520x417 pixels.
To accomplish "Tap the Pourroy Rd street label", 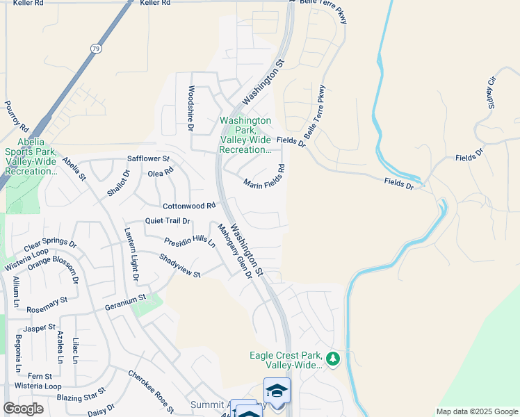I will [16, 117].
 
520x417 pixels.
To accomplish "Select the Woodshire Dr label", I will [190, 108].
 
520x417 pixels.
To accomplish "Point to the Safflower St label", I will [148, 158].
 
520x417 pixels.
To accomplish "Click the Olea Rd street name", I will [161, 172].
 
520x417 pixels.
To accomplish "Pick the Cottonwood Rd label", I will [189, 206].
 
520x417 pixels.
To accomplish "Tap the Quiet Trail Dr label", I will [167, 221].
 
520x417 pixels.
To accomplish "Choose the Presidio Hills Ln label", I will [190, 241].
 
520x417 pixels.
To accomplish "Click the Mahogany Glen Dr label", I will [234, 251].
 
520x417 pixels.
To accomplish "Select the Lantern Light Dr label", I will [132, 254].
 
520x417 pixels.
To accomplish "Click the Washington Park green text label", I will [245, 135].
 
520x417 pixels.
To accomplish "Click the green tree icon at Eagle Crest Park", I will [333, 359].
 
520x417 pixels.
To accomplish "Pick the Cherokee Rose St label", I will [150, 391].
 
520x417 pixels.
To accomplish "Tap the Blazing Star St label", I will [82, 398].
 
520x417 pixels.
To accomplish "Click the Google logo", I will [24, 409].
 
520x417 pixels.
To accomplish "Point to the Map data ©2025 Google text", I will [476, 411].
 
